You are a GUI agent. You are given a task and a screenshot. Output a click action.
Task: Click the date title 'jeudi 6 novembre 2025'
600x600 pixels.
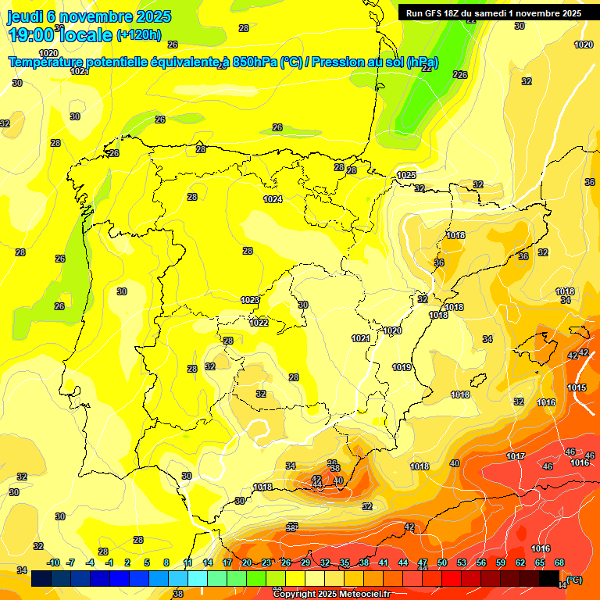point(90,16)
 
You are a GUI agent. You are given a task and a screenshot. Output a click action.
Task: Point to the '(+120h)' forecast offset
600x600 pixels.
point(139,34)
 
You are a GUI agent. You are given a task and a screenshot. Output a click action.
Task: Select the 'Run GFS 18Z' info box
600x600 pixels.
point(493,12)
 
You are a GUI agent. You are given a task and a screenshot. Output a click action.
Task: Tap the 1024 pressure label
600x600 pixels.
point(273,199)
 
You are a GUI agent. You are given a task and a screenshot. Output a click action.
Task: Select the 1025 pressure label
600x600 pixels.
point(406,175)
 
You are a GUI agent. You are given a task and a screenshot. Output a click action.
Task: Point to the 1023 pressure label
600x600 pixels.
point(250,300)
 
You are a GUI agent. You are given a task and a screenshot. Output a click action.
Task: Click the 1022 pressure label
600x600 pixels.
point(259,323)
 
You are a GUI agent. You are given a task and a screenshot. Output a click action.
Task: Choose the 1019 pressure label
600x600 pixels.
point(402,367)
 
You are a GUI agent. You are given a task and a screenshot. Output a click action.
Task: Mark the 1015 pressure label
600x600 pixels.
point(577,387)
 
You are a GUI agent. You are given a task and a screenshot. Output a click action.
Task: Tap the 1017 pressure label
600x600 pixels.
point(515,456)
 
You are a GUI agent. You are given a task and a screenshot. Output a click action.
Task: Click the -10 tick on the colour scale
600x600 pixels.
point(53,562)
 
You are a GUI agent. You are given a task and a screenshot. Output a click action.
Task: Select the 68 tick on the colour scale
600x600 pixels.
point(559,562)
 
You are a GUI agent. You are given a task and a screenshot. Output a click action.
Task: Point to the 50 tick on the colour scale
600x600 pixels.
point(442,562)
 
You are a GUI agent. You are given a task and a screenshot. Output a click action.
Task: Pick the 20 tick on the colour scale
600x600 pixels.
point(247,562)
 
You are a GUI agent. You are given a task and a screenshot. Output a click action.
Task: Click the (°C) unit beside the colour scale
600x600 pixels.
point(573,580)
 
